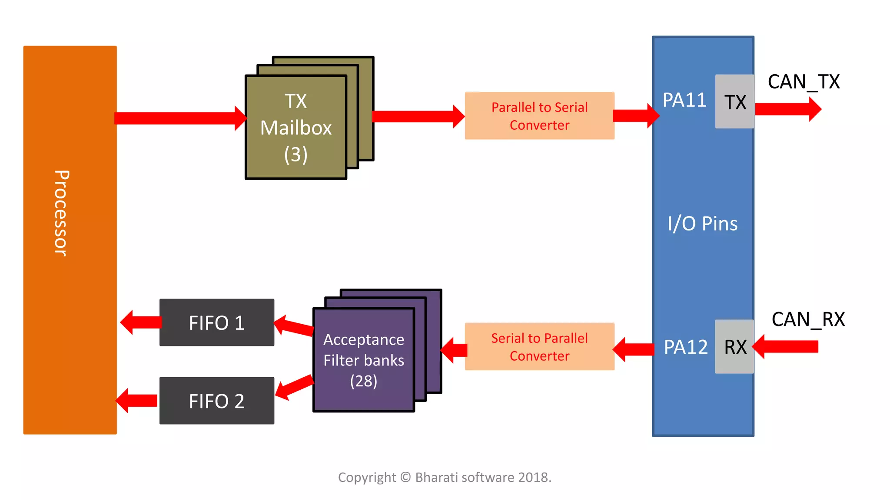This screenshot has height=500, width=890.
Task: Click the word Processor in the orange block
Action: [x=61, y=213]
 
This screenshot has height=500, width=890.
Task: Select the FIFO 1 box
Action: [x=216, y=322]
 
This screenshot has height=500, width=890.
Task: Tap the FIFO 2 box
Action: [x=216, y=401]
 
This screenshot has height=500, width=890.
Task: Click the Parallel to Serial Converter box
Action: [x=539, y=116]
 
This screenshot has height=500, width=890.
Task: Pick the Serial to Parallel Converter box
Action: [x=539, y=346]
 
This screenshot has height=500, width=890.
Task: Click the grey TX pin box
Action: [x=734, y=102]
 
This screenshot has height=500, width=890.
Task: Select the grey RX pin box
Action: [x=734, y=346]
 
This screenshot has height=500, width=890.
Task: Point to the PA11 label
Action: [x=684, y=100]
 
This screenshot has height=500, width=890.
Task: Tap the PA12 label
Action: [x=685, y=347]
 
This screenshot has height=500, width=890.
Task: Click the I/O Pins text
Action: [x=702, y=224]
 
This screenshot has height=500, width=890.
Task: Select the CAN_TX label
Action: [x=804, y=82]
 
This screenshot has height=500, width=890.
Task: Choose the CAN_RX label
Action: [x=808, y=319]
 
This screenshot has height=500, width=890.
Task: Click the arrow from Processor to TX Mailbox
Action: [x=178, y=118]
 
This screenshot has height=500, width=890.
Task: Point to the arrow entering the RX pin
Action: [x=787, y=346]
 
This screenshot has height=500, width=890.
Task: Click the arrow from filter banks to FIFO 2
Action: [x=295, y=387]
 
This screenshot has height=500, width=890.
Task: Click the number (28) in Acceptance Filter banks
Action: [x=364, y=381]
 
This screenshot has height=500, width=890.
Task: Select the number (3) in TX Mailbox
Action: [x=296, y=155]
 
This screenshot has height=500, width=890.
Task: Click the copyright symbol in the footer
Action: [x=405, y=477]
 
